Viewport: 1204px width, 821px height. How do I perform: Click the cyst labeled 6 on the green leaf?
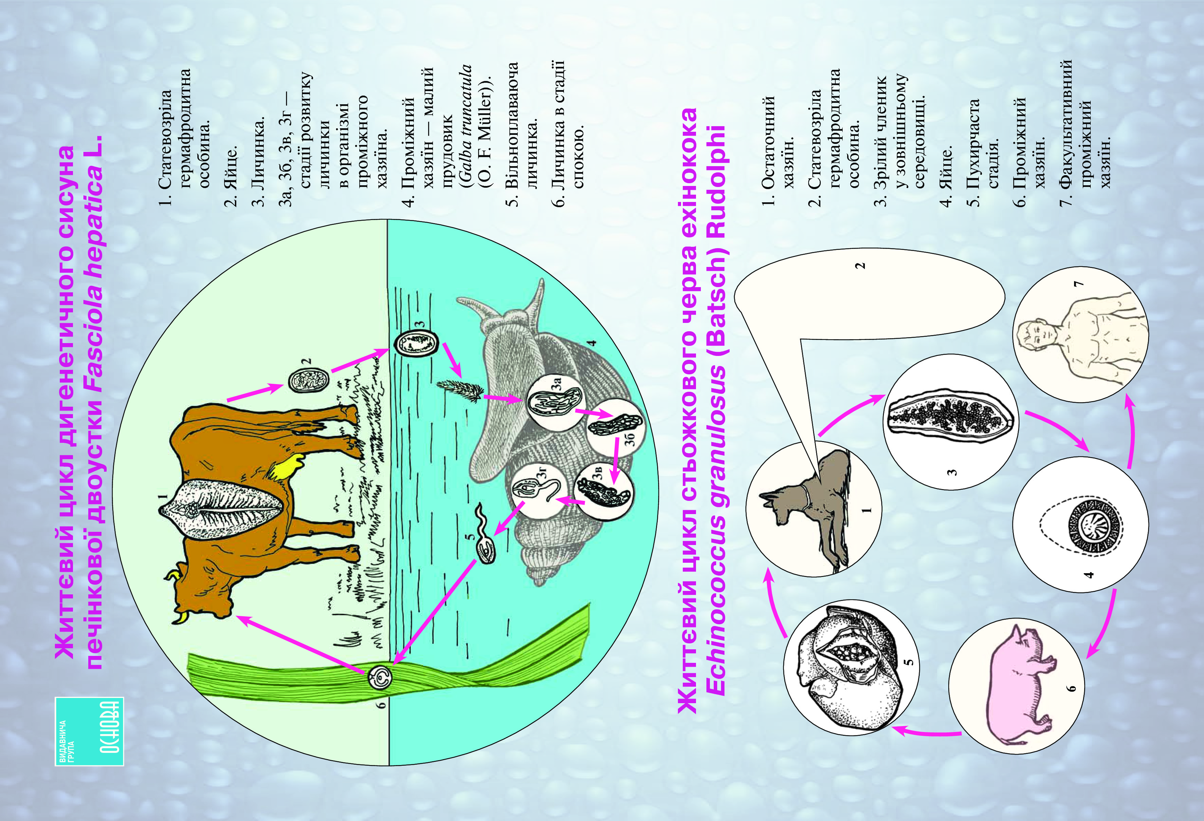(380, 678)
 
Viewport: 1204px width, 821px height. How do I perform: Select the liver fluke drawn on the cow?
(223, 507)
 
